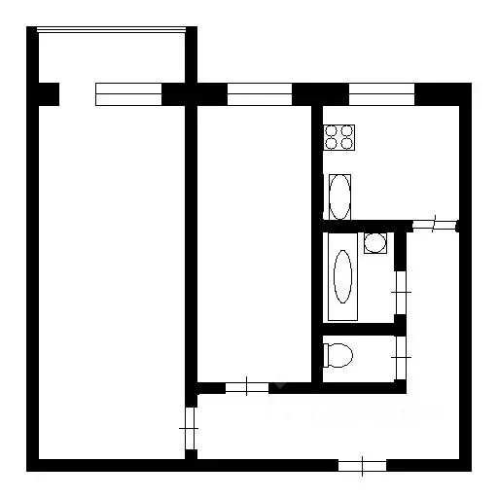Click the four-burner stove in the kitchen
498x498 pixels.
coord(338,137)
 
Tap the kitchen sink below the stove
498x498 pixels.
coord(339,196)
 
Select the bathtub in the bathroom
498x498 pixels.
coord(342,277)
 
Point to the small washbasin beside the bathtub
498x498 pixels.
coord(374,242)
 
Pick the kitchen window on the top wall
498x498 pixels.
coord(381,94)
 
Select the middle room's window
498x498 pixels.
coord(259,94)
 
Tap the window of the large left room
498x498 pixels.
coord(128,94)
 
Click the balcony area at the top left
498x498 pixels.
coord(110,58)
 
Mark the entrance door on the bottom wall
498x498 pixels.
coord(362,465)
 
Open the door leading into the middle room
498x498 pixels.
coord(247,387)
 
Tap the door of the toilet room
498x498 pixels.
coord(400,360)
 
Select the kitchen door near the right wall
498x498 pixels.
coord(434,226)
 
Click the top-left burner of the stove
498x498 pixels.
coord(332,130)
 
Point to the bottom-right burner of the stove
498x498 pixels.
coord(345,143)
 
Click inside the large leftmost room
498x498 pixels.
coord(112,282)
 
